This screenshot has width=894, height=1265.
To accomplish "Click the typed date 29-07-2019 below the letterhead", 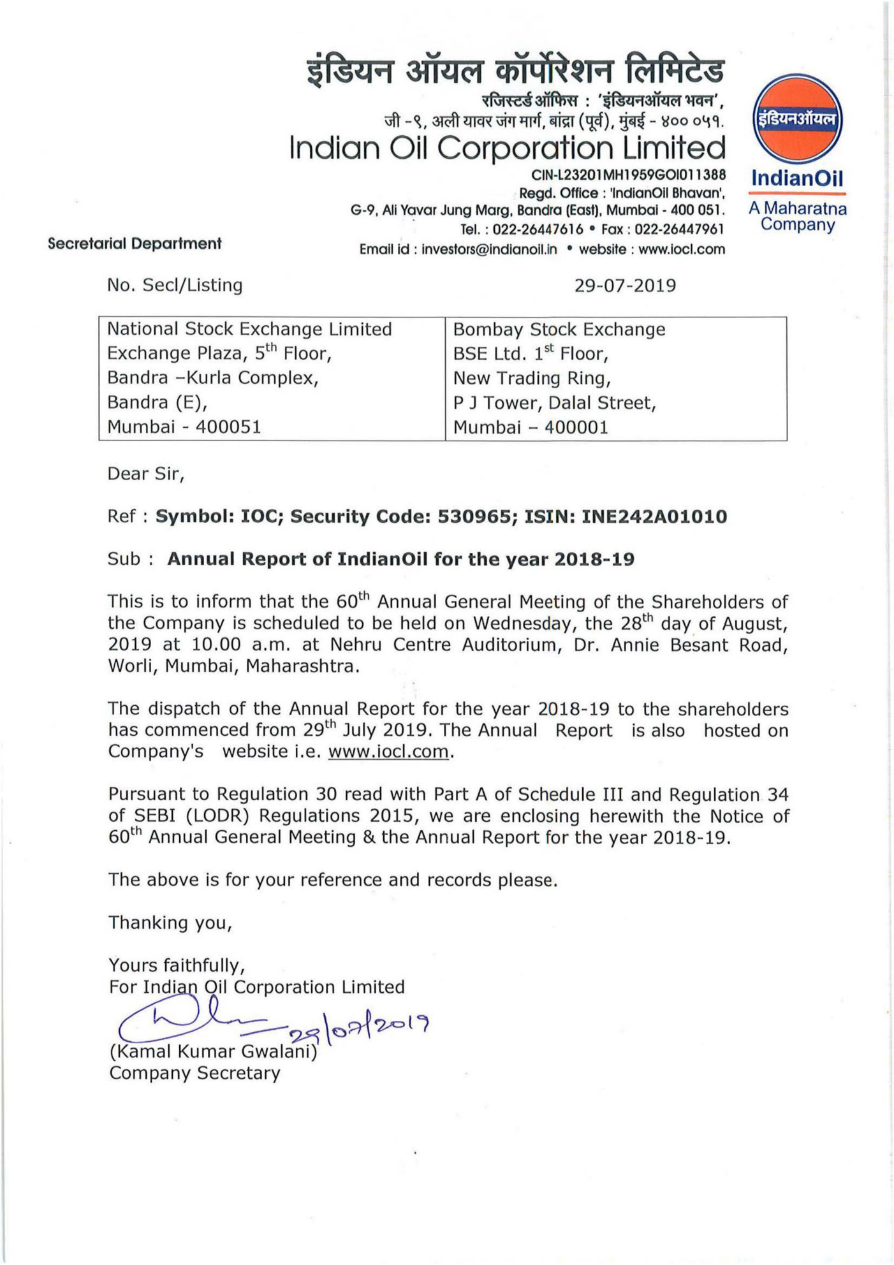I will coord(625,285).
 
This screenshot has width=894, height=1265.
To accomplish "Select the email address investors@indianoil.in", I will coord(489,249).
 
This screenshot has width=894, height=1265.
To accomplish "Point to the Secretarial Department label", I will coord(135,244).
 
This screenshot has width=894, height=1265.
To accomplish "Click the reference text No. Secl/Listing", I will coord(175,285).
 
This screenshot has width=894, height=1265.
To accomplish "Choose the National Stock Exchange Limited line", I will coord(249,329).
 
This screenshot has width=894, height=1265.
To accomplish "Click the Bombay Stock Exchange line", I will coord(559,329).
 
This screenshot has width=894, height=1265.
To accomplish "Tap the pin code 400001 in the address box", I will coord(576,427).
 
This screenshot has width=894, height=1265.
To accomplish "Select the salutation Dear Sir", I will coord(145,474).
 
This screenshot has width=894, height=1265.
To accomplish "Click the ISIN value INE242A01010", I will coord(654,516).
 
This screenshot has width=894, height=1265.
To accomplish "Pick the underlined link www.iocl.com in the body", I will coord(389,751).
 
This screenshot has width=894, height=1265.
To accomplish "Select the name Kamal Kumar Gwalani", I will coord(213,1051).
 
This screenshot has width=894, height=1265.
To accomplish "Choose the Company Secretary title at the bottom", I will coord(194,1073).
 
